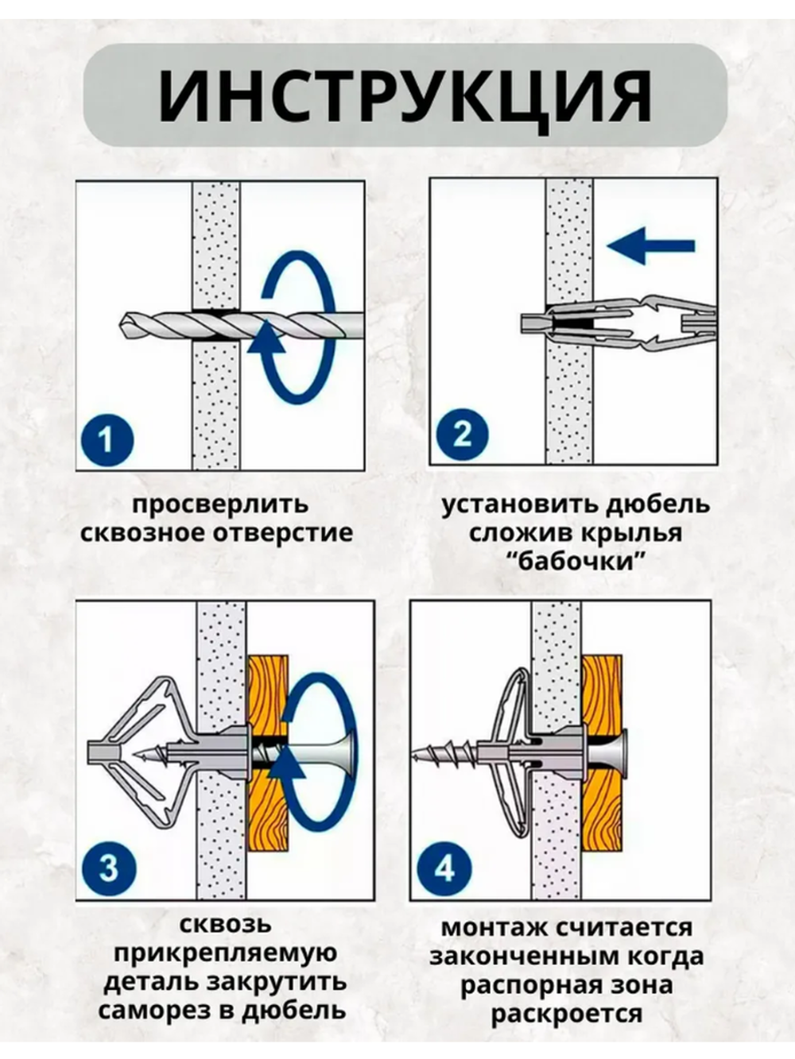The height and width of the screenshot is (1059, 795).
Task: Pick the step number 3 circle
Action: [109, 867]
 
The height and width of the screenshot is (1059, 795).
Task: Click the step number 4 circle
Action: [444, 868]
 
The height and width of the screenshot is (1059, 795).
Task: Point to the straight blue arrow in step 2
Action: [650, 245]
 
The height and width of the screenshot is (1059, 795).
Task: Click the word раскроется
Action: [566, 1014]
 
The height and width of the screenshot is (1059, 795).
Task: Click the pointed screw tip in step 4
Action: [416, 756]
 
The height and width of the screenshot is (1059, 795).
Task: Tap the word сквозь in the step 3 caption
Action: [226, 925]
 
